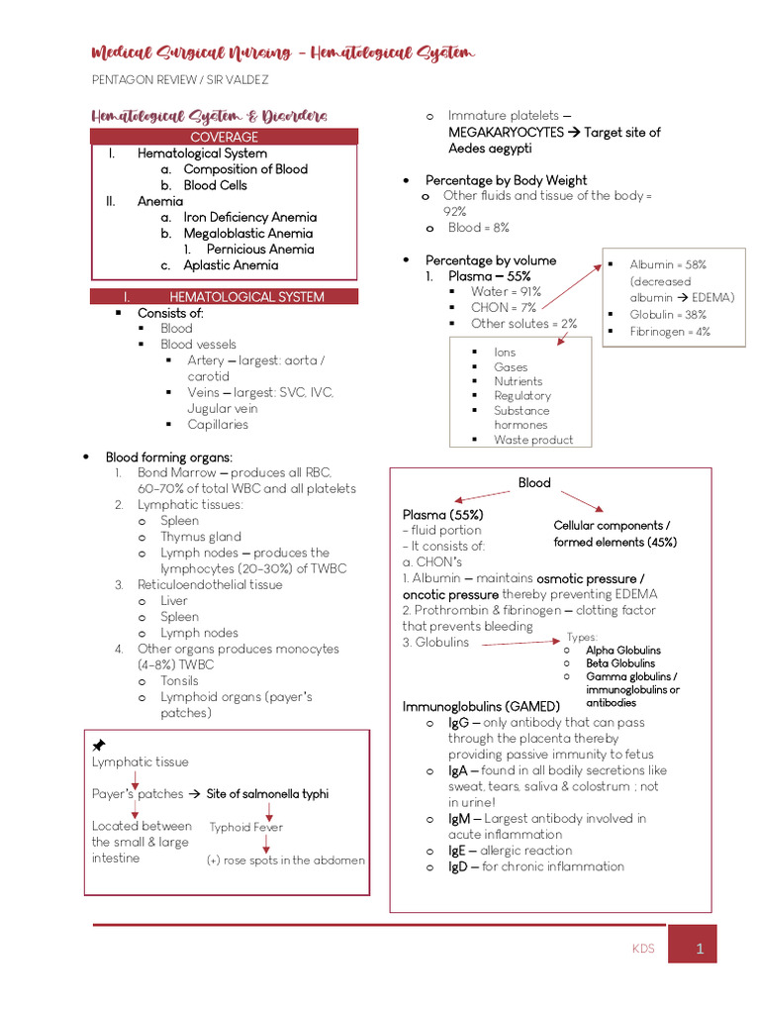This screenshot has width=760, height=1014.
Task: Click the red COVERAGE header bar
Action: [x=224, y=137]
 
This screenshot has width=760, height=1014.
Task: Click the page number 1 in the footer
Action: [x=699, y=949]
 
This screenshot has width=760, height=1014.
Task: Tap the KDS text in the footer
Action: [x=643, y=949]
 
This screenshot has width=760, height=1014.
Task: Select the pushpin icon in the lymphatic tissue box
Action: [x=99, y=745]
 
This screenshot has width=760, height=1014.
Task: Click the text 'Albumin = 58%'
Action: [x=668, y=264]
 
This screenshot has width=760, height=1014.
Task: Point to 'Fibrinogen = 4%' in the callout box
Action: [x=670, y=332]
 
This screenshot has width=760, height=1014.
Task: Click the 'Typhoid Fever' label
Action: [x=245, y=827]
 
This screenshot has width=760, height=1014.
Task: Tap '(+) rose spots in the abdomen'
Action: [x=285, y=861]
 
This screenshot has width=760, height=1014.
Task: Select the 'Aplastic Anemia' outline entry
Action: [x=231, y=264]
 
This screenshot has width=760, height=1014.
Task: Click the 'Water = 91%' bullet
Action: [x=506, y=291]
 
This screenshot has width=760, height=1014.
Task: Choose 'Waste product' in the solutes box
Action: [x=532, y=440]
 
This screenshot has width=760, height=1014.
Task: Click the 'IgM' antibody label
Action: [x=458, y=818]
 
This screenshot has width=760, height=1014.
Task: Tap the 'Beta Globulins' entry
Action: [x=620, y=662]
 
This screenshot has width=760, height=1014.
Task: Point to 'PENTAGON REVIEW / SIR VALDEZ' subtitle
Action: [x=179, y=79]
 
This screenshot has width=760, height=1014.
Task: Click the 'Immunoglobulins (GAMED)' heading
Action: [x=481, y=706]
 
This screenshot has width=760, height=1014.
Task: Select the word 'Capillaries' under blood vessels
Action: [x=218, y=424]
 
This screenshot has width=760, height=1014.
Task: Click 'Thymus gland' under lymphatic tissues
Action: [x=201, y=537]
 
